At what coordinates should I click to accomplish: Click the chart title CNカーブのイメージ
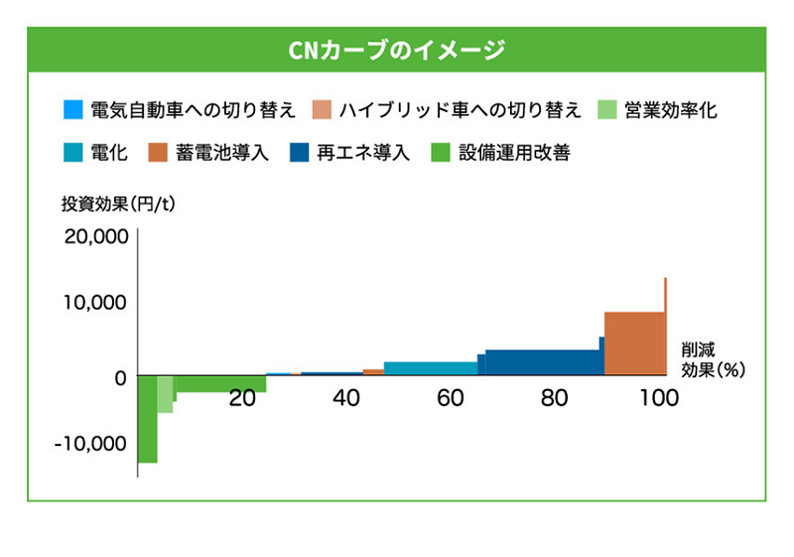(397, 50)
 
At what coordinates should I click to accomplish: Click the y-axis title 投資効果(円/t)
(118, 206)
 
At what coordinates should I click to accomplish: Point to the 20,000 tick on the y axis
(95, 237)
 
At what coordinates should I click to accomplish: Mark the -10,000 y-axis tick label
(92, 443)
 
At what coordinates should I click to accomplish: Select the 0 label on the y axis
(119, 377)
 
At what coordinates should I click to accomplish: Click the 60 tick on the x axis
(450, 399)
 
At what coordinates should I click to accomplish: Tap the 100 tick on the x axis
(659, 399)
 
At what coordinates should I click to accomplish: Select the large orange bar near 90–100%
(634, 344)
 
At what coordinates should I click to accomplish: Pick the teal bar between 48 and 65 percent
(430, 368)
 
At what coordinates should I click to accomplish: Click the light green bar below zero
(165, 394)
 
